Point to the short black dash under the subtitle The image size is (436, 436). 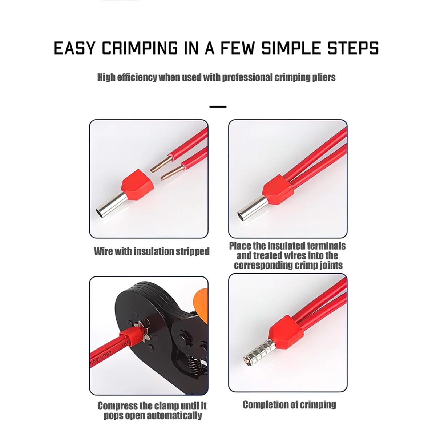coord(218,107)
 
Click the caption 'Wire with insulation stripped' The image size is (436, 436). coord(152,251)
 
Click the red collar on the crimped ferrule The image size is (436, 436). coord(283,328)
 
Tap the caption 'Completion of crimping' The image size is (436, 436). coord(289,404)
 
